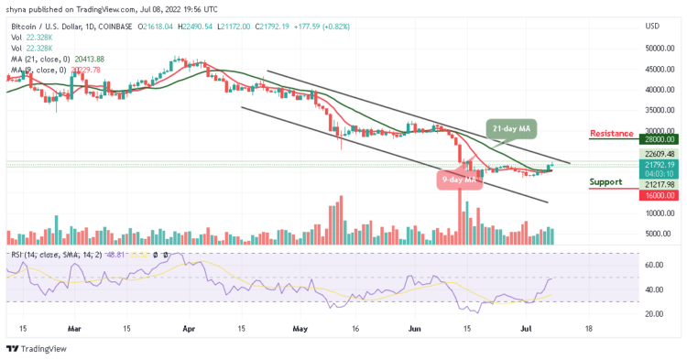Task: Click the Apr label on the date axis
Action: (190, 327)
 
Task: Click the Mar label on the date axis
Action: (74, 327)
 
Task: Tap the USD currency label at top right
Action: (653, 24)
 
